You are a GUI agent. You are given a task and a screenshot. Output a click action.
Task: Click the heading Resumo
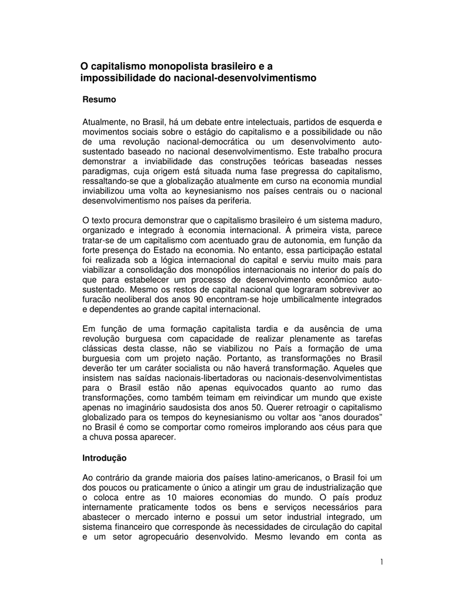coord(99,100)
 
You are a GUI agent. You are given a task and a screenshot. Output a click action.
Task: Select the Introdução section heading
coord(105,457)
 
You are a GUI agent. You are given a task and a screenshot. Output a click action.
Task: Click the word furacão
coord(98,300)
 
